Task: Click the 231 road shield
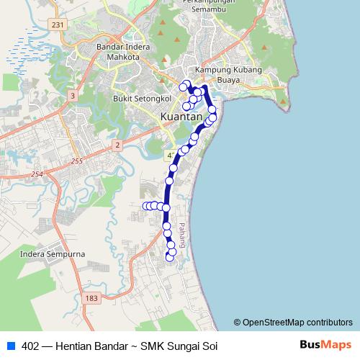[58, 24]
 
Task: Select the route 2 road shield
[117, 145]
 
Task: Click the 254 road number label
[37, 175]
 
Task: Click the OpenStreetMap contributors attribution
[293, 323]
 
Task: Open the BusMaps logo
[326, 345]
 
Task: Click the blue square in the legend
[11, 345]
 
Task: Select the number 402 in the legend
[31, 345]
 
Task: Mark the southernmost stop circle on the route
[170, 257]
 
